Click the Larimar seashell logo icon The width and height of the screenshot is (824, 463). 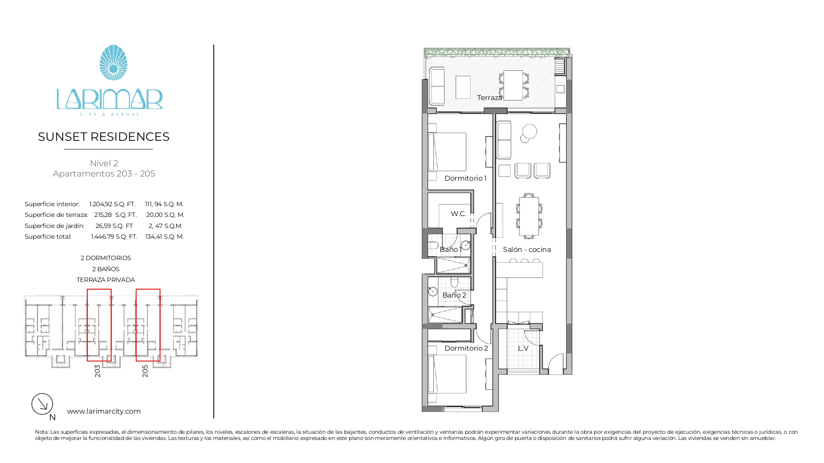(x=113, y=63)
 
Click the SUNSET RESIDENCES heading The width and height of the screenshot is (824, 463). (x=104, y=137)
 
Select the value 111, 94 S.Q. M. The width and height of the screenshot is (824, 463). (x=164, y=204)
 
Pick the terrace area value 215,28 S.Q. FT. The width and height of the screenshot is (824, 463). (x=115, y=215)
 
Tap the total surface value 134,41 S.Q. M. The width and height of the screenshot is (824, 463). (x=164, y=237)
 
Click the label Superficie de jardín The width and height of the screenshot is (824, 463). (x=54, y=226)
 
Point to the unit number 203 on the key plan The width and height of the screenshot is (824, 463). (x=97, y=371)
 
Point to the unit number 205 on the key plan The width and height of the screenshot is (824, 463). (x=145, y=371)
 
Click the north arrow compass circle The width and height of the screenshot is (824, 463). (x=42, y=404)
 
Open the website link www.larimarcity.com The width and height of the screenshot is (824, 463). (x=104, y=411)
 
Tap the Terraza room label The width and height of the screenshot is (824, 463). (x=489, y=98)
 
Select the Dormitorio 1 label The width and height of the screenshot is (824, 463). (x=466, y=178)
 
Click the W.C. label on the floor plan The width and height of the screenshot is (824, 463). (x=459, y=214)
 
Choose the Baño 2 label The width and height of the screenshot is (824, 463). (x=454, y=295)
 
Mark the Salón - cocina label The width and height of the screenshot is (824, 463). (x=527, y=249)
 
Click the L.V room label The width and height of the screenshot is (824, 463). (x=523, y=348)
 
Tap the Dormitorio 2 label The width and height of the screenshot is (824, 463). (x=466, y=348)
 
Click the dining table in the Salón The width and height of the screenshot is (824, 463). (x=529, y=216)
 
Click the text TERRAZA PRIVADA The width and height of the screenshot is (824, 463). (x=106, y=280)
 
